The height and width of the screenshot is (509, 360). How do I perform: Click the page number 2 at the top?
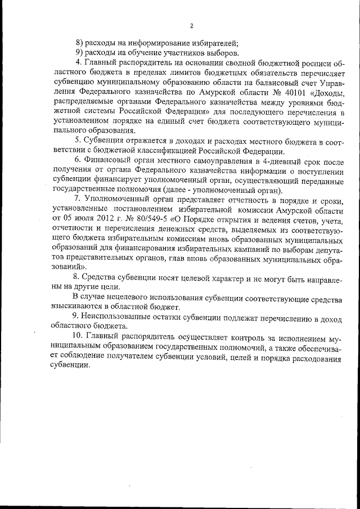point(192,25)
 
